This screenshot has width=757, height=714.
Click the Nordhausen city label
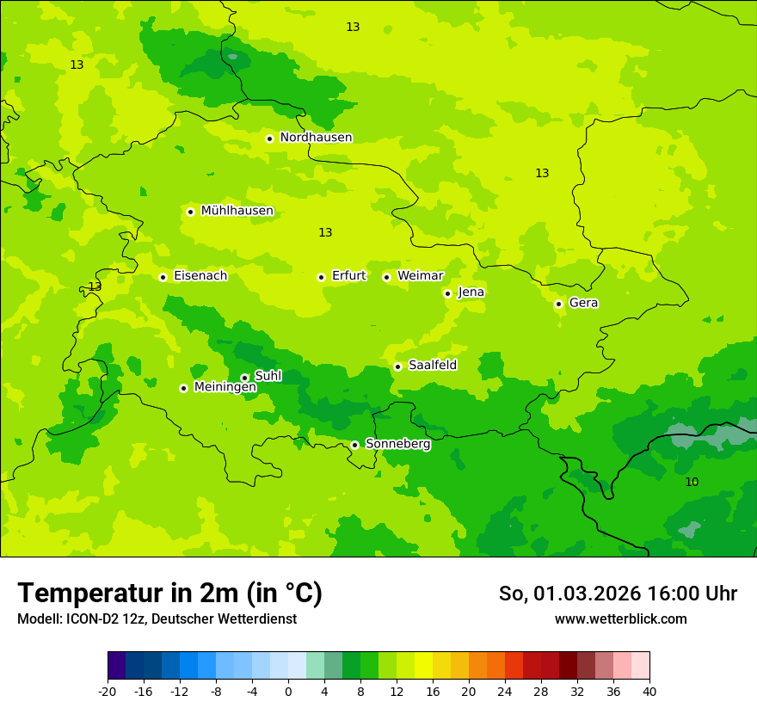316,138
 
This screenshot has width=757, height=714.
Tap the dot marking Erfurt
321,277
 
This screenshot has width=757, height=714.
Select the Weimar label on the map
420,276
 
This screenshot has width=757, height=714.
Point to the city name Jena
471,292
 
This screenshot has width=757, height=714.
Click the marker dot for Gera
558,304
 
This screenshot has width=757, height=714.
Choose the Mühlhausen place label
237,211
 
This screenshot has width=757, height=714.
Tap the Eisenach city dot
163,277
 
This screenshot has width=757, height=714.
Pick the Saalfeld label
432,366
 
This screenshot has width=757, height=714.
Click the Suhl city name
268,376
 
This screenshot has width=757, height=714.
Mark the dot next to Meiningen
183,388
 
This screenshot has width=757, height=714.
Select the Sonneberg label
397,444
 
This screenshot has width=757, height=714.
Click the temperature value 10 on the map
692,482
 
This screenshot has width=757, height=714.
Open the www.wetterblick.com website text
620,619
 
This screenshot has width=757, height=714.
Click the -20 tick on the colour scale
108,692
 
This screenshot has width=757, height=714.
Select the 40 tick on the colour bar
649,692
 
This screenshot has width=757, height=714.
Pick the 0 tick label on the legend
288,692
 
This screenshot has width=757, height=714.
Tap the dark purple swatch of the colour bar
116,666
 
